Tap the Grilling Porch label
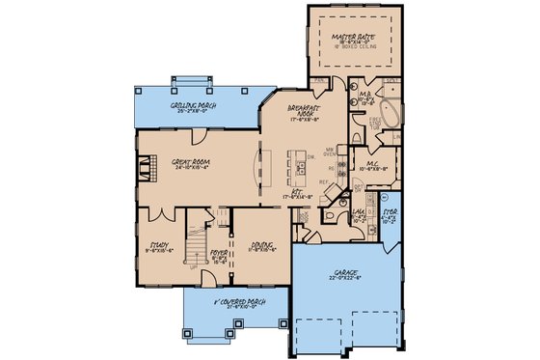(194, 104)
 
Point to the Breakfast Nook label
(304, 112)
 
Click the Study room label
(159, 244)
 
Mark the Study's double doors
(157, 210)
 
